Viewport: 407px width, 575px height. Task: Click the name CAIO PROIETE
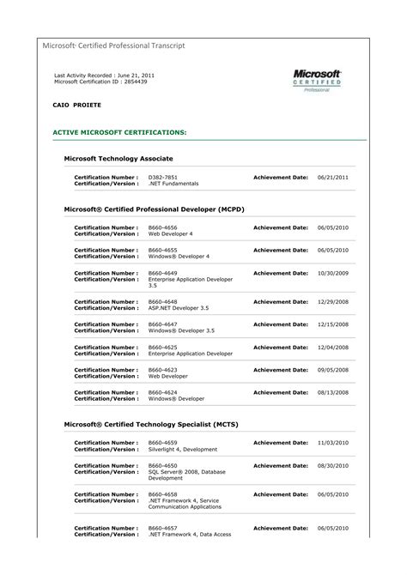76,104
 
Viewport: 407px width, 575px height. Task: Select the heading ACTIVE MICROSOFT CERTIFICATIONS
119,133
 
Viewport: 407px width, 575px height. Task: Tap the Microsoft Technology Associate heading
118,159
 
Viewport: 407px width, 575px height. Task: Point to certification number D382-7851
163,177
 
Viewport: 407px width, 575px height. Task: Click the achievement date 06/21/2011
332,177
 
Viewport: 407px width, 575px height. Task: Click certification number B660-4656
163,227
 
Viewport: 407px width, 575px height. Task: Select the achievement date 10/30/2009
332,273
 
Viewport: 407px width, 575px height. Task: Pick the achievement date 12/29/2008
332,302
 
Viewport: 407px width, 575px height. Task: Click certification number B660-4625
163,347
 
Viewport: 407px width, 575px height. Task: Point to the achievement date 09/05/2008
332,370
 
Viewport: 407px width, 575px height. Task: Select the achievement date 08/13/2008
332,392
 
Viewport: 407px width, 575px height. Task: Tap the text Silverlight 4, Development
183,448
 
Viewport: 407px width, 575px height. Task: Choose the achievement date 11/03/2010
332,442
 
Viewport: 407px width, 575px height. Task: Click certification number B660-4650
163,464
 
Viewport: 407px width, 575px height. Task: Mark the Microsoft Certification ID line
94,82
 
